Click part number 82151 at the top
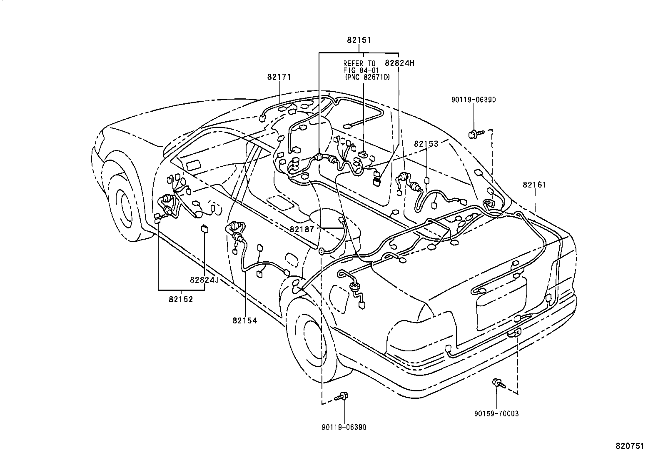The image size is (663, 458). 359,40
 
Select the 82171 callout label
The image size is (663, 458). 279,77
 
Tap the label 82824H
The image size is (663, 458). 400,63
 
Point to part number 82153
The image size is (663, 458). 426,144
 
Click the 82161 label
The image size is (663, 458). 535,185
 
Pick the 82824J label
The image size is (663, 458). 204,280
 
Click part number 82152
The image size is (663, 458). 181,299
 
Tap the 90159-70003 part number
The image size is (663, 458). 496,413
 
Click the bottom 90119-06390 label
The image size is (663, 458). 344,427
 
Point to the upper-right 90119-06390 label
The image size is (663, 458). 474,100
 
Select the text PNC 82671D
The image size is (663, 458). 367,77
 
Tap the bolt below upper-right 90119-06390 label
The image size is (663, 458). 475,134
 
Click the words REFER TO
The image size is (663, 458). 359,63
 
